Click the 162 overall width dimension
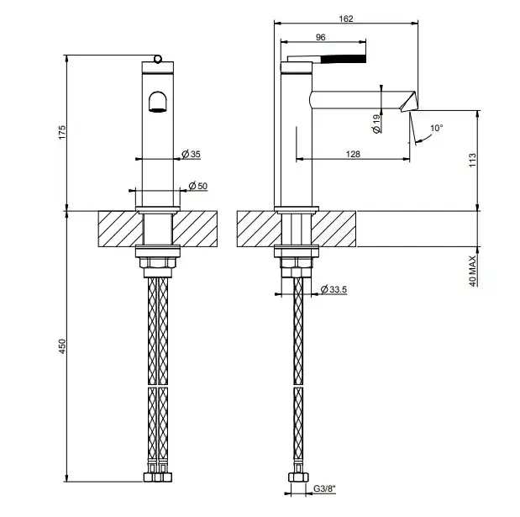coord(346,18)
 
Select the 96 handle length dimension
coord(320,38)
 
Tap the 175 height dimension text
coord(62,132)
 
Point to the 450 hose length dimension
coord(62,346)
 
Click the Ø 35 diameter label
coord(192,154)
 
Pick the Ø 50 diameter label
coord(198,186)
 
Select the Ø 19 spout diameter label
coord(376,124)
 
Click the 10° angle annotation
coord(437,128)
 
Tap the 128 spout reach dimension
coord(353,154)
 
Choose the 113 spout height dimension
coord(472,160)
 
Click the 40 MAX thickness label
coord(472,271)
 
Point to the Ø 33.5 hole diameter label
coord(334,289)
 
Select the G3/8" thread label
coord(324,488)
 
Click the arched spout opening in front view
coord(158,102)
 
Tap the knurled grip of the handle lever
coord(343,59)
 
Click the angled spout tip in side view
coord(408,102)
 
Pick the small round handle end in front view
coord(158,59)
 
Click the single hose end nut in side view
coord(298,477)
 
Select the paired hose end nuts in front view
coord(158,477)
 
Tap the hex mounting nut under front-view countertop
coord(158,262)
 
